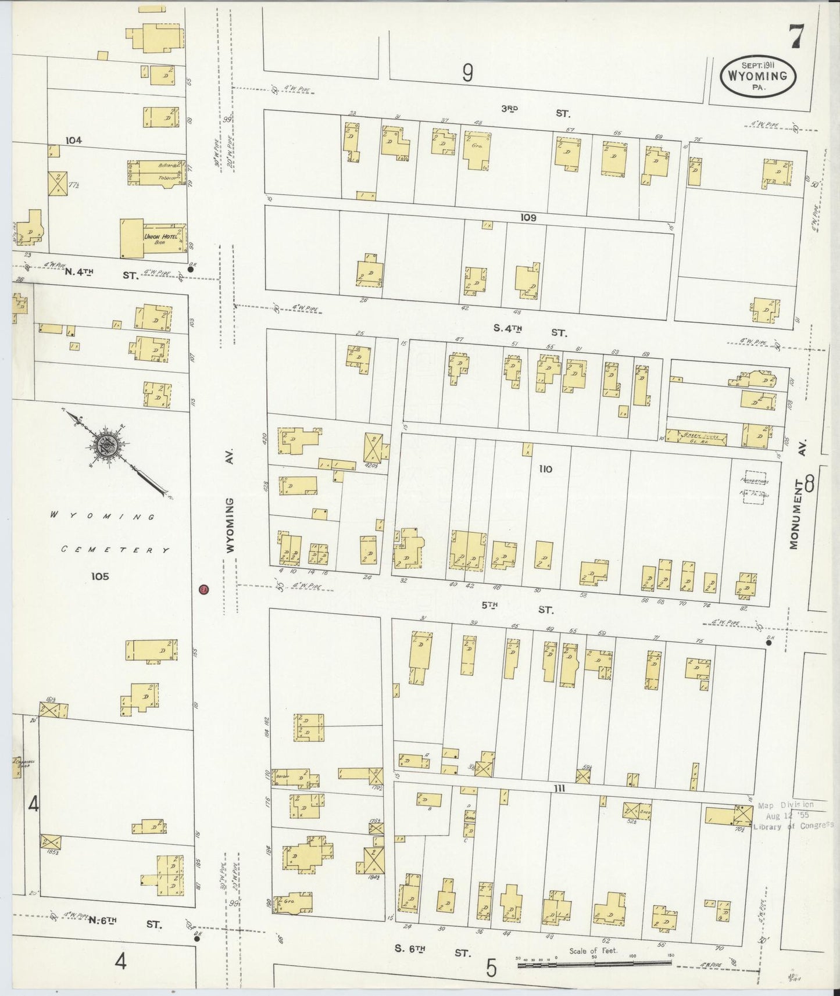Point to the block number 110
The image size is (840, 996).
point(545,468)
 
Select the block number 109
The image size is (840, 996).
point(528,218)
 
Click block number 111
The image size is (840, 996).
point(559,788)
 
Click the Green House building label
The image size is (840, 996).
point(696,436)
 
